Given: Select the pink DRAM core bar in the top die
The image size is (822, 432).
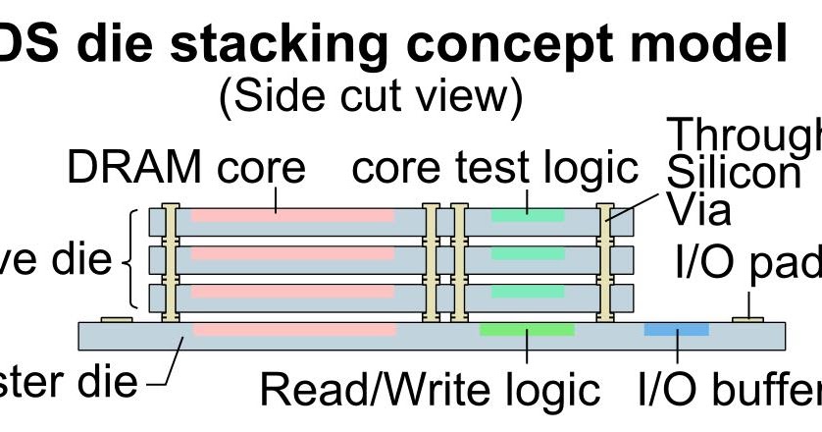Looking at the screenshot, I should point(292,214).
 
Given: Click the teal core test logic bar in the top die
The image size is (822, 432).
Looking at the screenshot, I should point(527,214).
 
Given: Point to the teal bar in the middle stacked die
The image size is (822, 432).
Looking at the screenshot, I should point(527,253).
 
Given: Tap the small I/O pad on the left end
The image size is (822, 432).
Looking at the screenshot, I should point(117,319).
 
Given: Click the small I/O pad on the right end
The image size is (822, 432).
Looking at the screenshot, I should point(748,319).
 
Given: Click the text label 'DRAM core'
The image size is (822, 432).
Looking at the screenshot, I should point(185,169).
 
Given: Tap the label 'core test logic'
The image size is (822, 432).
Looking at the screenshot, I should point(495,169).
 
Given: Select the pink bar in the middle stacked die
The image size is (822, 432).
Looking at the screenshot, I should point(292,253).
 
